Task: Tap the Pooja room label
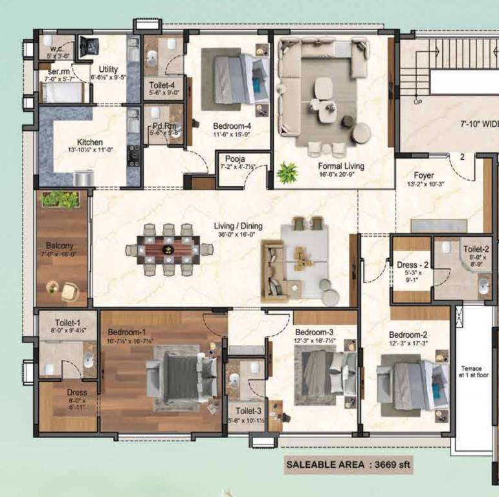tap(234, 159)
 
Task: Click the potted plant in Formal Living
tap(287, 172)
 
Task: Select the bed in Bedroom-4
tap(235, 77)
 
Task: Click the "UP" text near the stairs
tap(417, 102)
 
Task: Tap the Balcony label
tap(59, 246)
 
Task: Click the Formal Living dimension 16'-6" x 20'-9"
tap(341, 175)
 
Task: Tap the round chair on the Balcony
tap(69, 293)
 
